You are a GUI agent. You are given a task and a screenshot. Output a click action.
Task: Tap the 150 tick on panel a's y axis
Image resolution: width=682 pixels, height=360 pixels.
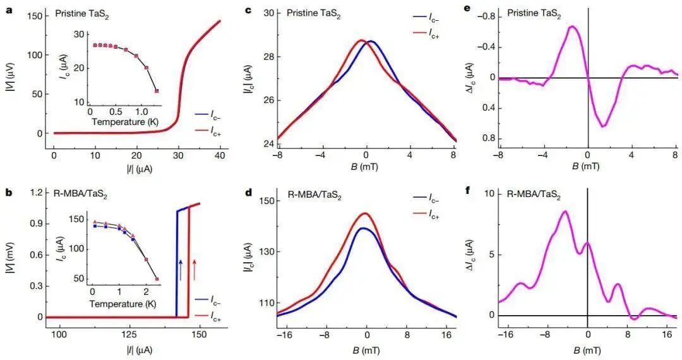[35, 16]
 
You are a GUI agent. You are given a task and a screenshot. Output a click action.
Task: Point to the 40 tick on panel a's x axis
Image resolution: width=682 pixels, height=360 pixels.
[219, 155]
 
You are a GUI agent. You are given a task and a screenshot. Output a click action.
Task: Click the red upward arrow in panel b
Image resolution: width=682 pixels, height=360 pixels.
[194, 270]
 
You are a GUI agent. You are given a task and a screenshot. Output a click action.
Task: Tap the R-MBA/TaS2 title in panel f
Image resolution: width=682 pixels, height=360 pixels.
[536, 195]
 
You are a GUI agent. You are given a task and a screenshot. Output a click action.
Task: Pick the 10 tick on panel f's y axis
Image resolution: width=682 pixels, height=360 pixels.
[486, 194]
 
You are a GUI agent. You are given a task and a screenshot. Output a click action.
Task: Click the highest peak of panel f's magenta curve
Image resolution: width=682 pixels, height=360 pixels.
[565, 212]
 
